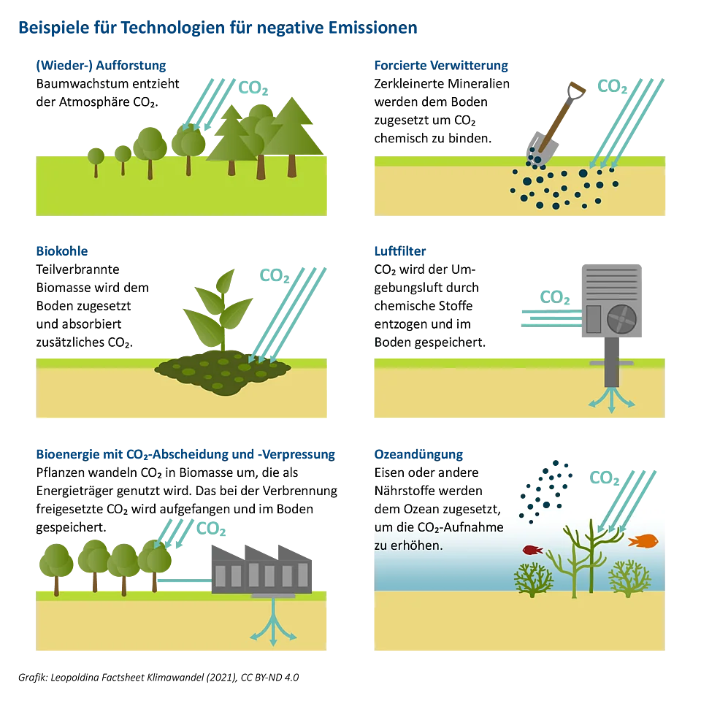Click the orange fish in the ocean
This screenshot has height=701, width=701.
pos(644,541)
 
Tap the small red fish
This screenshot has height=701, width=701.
pos(532,550)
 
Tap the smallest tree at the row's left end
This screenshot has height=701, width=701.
pos(96,158)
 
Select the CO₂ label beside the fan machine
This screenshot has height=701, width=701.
pos(556,297)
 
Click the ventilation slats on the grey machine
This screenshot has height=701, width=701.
pos(610,282)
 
